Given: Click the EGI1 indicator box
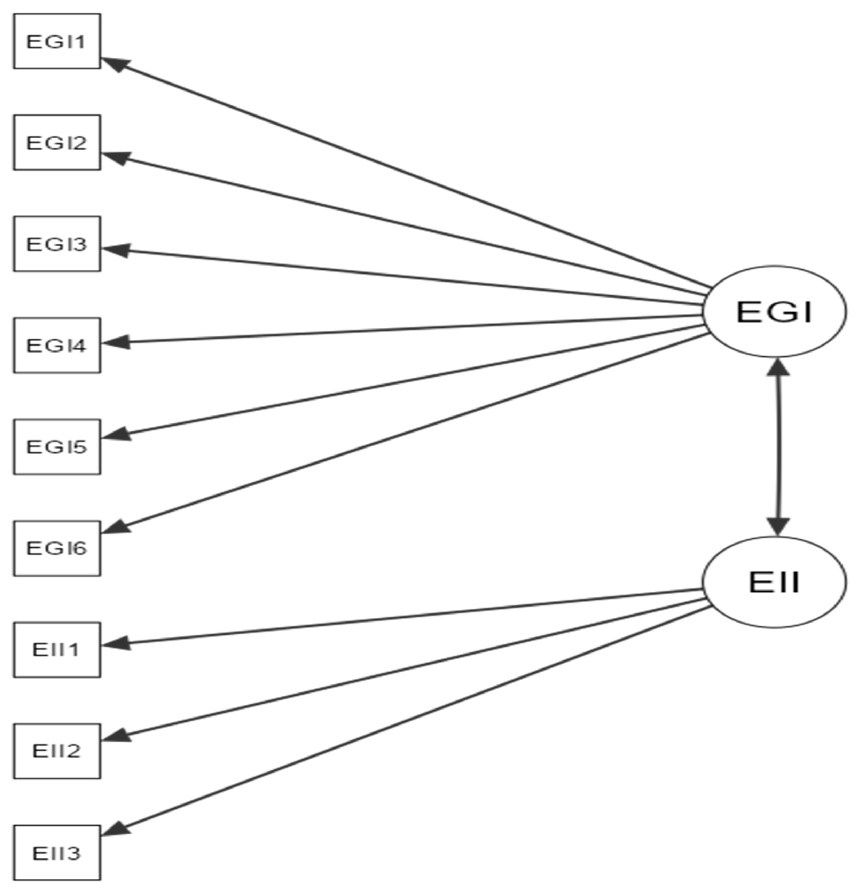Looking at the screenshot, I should pos(57,41).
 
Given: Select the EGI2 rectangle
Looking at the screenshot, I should pos(57,142).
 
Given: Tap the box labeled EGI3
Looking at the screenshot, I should pos(57,244).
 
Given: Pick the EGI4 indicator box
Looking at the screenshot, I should pos(57,345).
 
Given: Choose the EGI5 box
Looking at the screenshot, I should pos(57,446).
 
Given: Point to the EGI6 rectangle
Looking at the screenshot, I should pos(57,548).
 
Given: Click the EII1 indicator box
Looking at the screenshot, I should pos(57,649).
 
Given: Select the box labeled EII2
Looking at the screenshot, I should pos(57,751).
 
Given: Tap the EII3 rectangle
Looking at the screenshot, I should pos(57,853).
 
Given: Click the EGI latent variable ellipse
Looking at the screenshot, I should pos(774,311).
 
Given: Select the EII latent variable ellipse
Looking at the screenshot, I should pos(774,582).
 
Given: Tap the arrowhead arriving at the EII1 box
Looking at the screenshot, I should pos(116,644).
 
